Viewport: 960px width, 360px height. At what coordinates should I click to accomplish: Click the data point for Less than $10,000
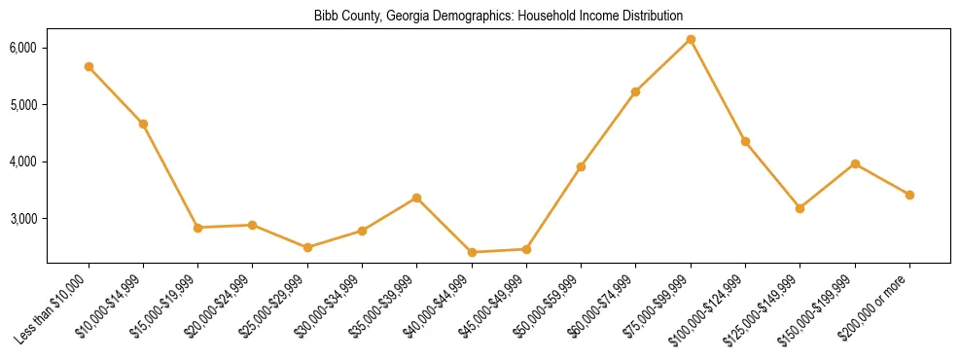tap(89, 67)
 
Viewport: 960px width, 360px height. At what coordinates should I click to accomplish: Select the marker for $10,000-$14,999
tap(143, 124)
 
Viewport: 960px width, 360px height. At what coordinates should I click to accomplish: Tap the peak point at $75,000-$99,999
tap(691, 39)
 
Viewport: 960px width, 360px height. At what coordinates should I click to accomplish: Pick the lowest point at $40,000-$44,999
tap(472, 252)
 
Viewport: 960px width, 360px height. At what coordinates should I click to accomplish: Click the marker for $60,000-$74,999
tap(636, 91)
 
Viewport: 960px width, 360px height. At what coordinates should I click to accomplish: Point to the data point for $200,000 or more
tap(909, 195)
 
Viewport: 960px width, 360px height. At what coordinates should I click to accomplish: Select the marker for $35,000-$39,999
tap(416, 198)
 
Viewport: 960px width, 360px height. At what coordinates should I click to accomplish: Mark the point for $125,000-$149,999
tap(800, 208)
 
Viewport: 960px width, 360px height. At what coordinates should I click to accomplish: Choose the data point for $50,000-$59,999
tap(581, 166)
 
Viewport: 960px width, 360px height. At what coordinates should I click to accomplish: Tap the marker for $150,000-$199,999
tap(855, 163)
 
